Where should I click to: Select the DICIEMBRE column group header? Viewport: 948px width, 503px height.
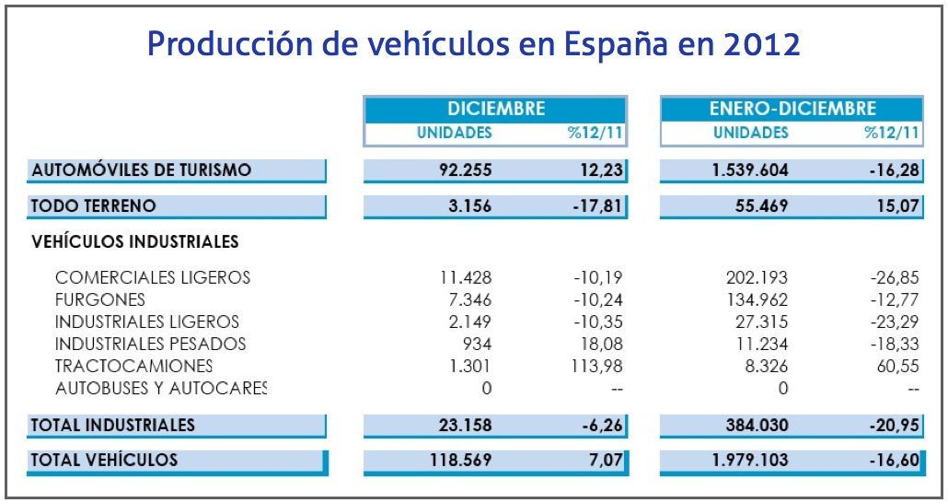click(496, 109)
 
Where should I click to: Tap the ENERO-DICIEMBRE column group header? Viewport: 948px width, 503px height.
click(792, 109)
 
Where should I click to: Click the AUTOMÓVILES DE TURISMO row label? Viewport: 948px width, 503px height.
click(141, 170)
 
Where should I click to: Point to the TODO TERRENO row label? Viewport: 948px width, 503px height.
click(94, 205)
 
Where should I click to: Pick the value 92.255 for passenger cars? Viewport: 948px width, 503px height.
click(462, 170)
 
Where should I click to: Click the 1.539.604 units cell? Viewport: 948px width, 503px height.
click(750, 170)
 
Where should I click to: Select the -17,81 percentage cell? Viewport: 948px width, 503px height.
click(597, 205)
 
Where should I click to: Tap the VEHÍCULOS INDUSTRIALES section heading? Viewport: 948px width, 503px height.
click(135, 242)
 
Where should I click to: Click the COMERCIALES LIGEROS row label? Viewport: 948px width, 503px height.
click(153, 277)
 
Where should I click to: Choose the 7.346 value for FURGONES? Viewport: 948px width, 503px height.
click(469, 299)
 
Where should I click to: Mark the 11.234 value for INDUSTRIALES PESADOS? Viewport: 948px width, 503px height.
click(760, 344)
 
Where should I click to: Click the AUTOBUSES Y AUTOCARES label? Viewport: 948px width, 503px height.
click(161, 388)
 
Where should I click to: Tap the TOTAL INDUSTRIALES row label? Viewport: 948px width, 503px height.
click(113, 425)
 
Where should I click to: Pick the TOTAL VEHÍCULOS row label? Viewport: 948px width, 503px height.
click(104, 460)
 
